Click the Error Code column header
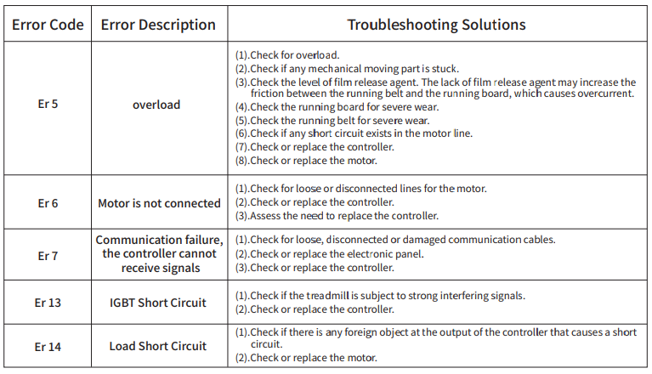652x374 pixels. (48, 25)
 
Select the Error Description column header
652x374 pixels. (158, 25)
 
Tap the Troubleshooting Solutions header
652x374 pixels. (436, 25)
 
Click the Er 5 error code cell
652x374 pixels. (48, 104)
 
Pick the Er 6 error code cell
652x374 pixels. (48, 203)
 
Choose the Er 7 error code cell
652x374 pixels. (48, 256)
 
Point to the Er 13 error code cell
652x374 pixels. (48, 303)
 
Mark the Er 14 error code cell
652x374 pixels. (48, 347)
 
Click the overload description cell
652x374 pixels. (156, 105)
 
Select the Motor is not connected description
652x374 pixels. (159, 203)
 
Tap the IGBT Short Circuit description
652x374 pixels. (158, 303)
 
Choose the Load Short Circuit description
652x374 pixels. (158, 346)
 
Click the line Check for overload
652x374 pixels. (287, 55)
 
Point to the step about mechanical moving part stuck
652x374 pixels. (347, 69)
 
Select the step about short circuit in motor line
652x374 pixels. (354, 133)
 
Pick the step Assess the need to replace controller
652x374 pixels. (337, 216)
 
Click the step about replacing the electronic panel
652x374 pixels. (329, 254)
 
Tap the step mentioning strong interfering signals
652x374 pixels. (380, 296)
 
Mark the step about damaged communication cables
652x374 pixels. (395, 240)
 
